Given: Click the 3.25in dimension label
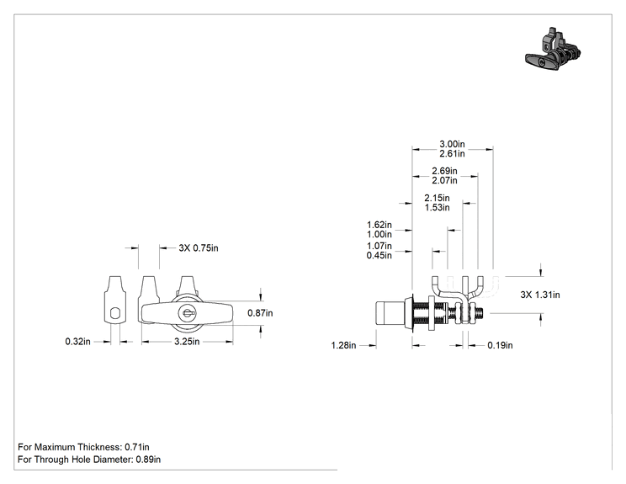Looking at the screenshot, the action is (187, 342).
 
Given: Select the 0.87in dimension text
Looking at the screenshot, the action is (260, 313).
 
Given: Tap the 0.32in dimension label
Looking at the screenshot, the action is (78, 342).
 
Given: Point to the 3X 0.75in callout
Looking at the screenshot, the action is (199, 248).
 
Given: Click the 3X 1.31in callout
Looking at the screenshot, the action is (540, 295).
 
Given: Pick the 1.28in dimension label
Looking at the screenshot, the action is (344, 345).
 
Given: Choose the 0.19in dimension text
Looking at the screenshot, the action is (501, 345).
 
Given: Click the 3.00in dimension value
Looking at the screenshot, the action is (453, 144).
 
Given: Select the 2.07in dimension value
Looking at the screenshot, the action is (445, 180).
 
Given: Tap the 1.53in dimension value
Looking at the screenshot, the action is (438, 208).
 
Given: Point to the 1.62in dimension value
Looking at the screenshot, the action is (379, 225).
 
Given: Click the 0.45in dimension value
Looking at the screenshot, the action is (379, 255).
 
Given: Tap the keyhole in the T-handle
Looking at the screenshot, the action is (187, 312).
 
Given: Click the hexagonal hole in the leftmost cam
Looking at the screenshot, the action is (115, 313).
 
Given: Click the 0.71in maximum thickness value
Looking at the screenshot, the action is (137, 447).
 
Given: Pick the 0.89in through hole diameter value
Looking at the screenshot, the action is (148, 460).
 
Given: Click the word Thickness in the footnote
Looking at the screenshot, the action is (99, 447).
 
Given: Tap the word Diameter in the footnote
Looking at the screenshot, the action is (114, 460).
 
